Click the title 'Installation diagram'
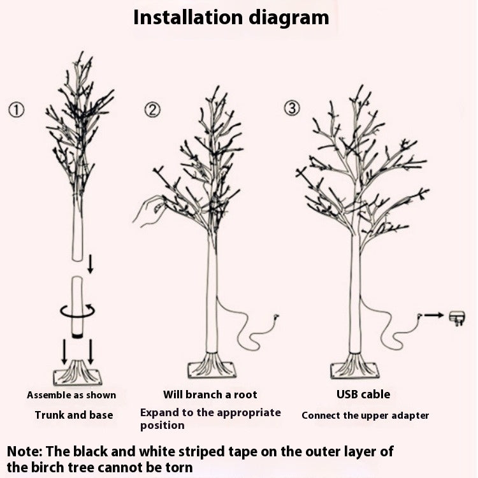(x=231, y=17)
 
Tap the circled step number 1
(x=16, y=110)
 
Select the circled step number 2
(x=152, y=110)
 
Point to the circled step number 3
(x=291, y=108)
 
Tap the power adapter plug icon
(x=456, y=317)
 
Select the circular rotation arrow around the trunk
(x=77, y=310)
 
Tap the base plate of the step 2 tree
(x=212, y=368)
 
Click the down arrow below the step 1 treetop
(x=90, y=263)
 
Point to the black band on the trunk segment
(x=77, y=334)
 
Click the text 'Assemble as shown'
(x=71, y=395)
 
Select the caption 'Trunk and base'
(x=73, y=415)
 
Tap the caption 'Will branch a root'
(x=210, y=395)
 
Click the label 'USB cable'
(x=363, y=395)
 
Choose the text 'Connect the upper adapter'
(x=365, y=416)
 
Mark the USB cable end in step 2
(x=275, y=315)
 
